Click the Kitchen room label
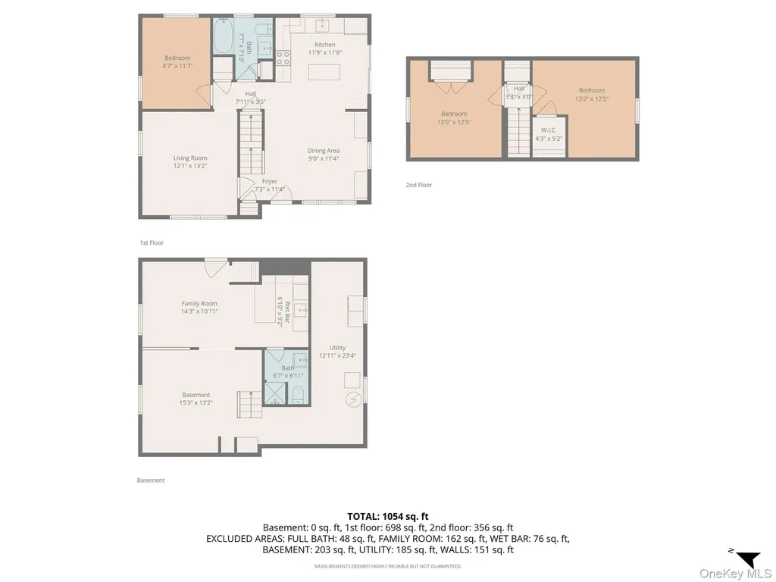(x=325, y=45)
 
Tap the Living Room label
(x=190, y=158)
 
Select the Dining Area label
(x=324, y=151)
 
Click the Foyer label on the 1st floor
(x=270, y=182)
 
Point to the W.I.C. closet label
(x=549, y=130)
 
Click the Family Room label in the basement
(x=199, y=304)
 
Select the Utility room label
(x=337, y=348)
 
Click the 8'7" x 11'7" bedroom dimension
(x=177, y=66)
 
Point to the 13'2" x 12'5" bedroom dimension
(x=592, y=99)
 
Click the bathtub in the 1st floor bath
(x=224, y=36)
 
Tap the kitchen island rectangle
(x=324, y=72)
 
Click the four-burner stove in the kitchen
(x=283, y=58)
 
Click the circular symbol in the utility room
(x=354, y=398)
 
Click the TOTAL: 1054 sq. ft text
(x=387, y=517)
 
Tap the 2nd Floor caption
(x=418, y=185)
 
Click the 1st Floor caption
(x=152, y=243)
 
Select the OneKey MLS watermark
(x=735, y=574)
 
